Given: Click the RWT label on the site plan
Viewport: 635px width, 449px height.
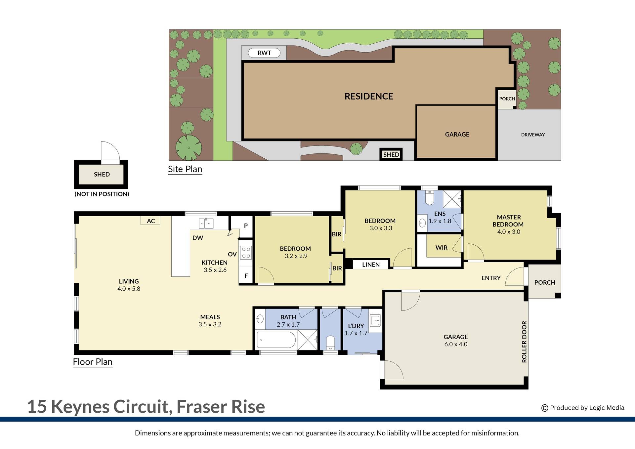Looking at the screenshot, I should [x=264, y=53].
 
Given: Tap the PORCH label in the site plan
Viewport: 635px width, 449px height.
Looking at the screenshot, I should [x=507, y=99].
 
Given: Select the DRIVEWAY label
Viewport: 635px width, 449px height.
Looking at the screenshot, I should [x=532, y=135].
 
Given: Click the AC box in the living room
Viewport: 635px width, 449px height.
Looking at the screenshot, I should [x=151, y=221].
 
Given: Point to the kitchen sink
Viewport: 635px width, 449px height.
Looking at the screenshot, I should [x=206, y=223].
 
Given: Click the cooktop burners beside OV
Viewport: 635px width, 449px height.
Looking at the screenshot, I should [x=246, y=252].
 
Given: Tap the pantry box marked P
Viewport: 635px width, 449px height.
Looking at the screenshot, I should [x=246, y=226].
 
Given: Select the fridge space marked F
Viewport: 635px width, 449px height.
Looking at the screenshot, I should [x=246, y=276].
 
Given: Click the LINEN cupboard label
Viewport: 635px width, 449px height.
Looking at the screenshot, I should [x=371, y=265].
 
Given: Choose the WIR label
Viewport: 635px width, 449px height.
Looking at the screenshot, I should [x=441, y=248].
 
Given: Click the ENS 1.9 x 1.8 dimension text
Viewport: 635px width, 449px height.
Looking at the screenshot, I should [x=440, y=221].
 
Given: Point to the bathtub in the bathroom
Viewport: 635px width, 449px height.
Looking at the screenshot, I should [x=276, y=340].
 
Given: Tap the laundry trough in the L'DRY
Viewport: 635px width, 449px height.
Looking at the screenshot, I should [x=375, y=320].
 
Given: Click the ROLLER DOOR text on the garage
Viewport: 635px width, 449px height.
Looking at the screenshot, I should [x=524, y=342].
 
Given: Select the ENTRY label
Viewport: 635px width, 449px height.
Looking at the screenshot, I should [x=491, y=278].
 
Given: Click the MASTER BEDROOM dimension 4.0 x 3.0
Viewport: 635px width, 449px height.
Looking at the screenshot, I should [x=509, y=232].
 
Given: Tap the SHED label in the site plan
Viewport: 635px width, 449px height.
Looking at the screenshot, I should [x=391, y=154].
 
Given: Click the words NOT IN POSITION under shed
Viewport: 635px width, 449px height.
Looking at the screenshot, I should [x=102, y=194].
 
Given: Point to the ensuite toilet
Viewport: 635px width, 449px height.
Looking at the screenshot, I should [x=430, y=198].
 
